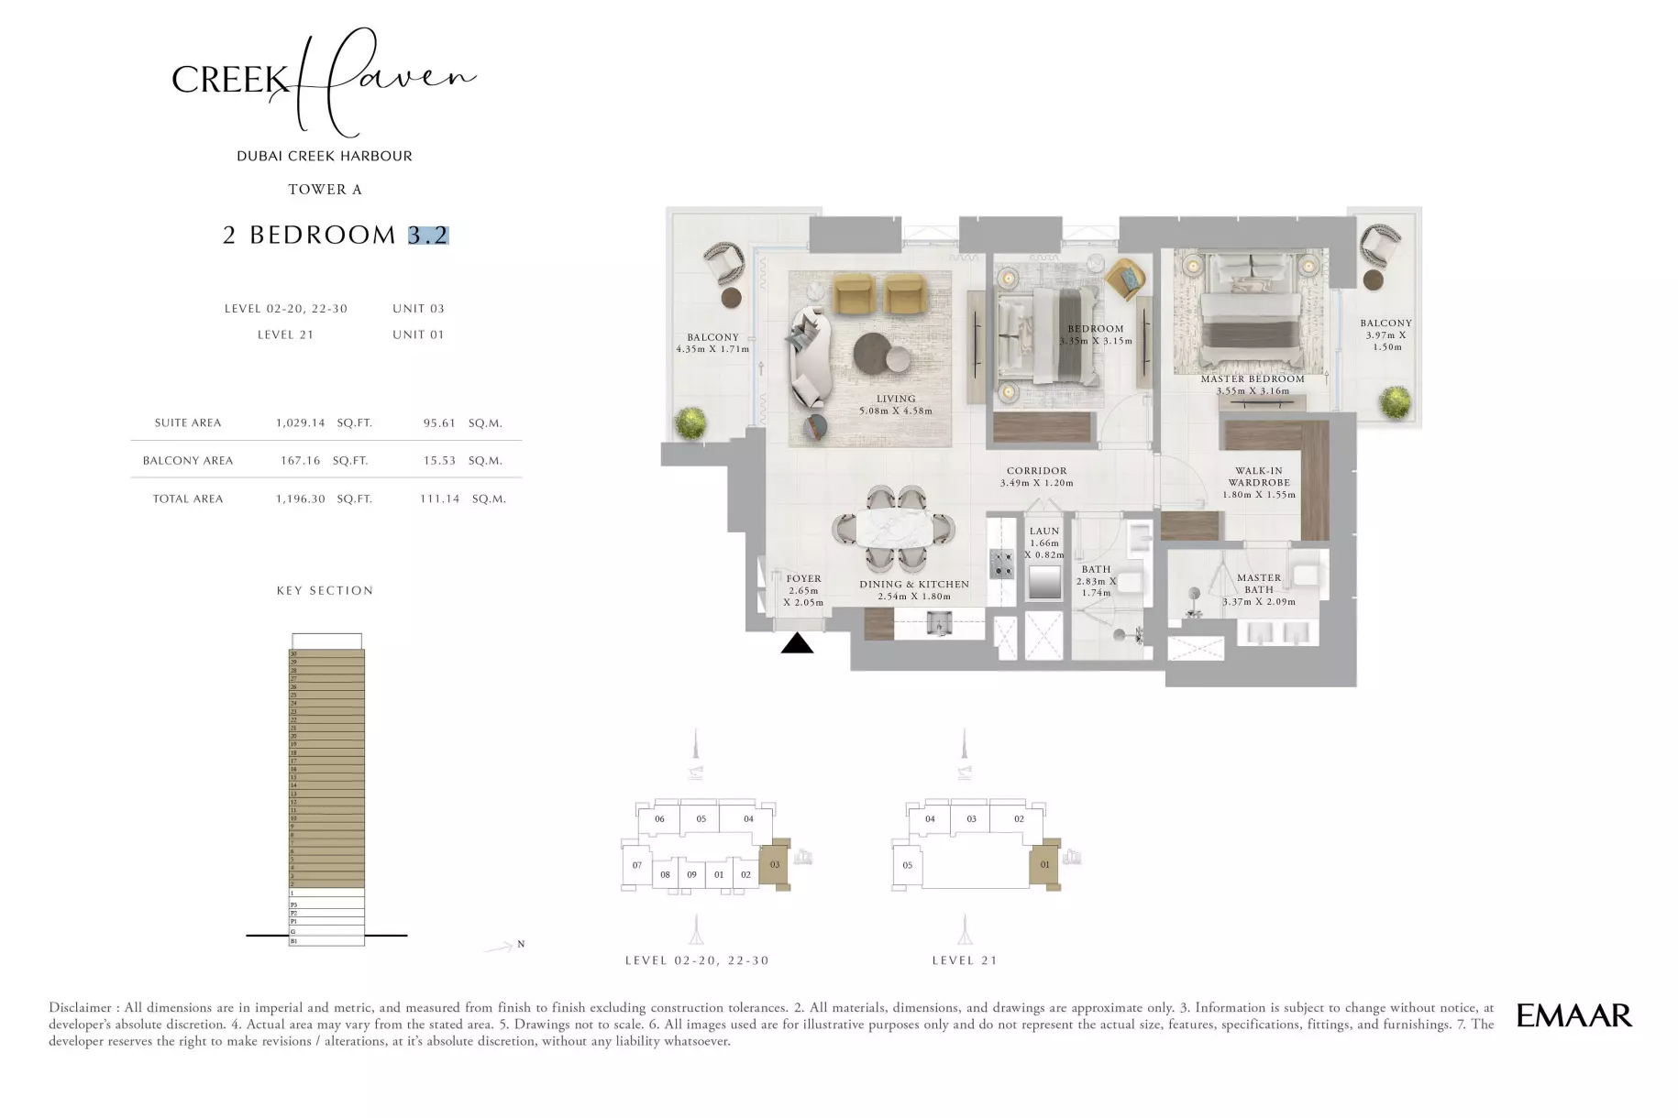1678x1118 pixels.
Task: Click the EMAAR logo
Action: point(1573,1015)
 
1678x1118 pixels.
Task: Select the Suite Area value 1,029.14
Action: point(300,423)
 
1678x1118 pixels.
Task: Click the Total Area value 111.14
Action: point(439,499)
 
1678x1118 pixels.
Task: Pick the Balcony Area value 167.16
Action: point(300,461)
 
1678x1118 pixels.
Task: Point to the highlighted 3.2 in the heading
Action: point(428,236)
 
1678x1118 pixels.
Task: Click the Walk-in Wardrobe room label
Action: point(1259,477)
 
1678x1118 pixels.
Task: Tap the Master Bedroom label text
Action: point(1253,379)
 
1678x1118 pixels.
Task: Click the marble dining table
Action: point(894,530)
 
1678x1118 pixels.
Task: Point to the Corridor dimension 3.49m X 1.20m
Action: point(1036,483)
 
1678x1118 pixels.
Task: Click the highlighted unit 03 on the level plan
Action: point(774,864)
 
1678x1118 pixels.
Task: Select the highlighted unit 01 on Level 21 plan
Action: point(1043,864)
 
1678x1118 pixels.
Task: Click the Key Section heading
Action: point(325,591)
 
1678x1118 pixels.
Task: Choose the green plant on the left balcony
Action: point(691,422)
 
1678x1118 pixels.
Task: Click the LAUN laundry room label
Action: point(1043,532)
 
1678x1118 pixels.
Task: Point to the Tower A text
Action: point(325,190)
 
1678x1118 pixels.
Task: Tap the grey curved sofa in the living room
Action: point(808,357)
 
